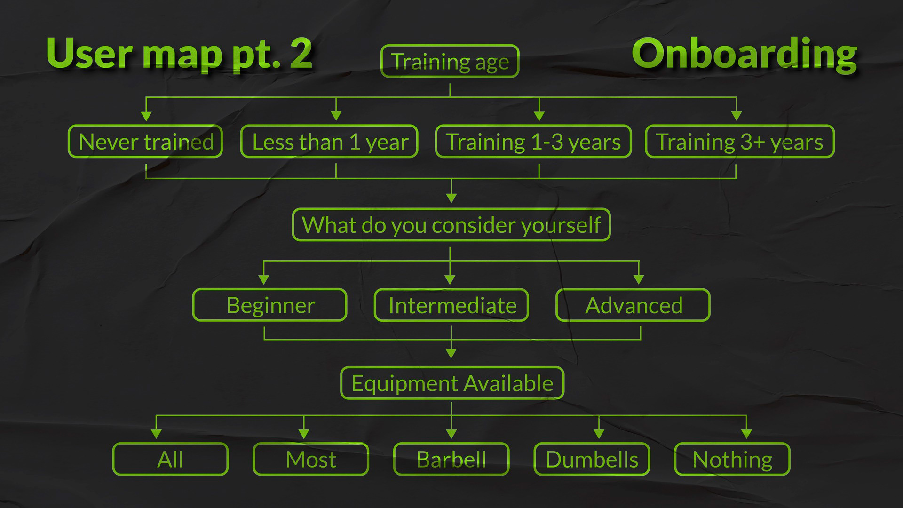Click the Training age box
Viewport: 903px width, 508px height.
pyautogui.click(x=450, y=61)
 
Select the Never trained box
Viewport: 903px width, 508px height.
pyautogui.click(x=145, y=141)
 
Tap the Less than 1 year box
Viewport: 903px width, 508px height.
pyautogui.click(x=329, y=141)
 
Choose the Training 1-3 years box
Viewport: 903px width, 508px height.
pyautogui.click(x=533, y=141)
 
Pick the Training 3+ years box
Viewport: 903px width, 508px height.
pyautogui.click(x=740, y=141)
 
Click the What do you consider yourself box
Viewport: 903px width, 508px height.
pyautogui.click(x=451, y=225)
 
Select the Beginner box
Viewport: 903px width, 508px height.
pyautogui.click(x=270, y=305)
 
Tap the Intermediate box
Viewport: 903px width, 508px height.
pyautogui.click(x=451, y=305)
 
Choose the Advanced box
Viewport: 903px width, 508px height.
pyautogui.click(x=633, y=305)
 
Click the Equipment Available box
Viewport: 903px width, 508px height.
pyautogui.click(x=452, y=383)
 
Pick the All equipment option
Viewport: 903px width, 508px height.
pyautogui.click(x=170, y=459)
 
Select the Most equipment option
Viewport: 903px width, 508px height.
pyautogui.click(x=311, y=459)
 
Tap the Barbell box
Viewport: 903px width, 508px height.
pyautogui.click(x=451, y=459)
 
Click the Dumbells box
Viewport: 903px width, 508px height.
pyautogui.click(x=592, y=459)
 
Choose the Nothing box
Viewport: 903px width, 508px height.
pyautogui.click(x=732, y=459)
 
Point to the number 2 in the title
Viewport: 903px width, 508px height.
pyautogui.click(x=301, y=53)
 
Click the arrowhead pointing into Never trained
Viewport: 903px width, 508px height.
pyautogui.click(x=146, y=116)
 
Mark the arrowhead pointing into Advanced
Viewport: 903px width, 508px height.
pyautogui.click(x=638, y=279)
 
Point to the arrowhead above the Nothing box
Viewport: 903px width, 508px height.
pyautogui.click(x=746, y=433)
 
